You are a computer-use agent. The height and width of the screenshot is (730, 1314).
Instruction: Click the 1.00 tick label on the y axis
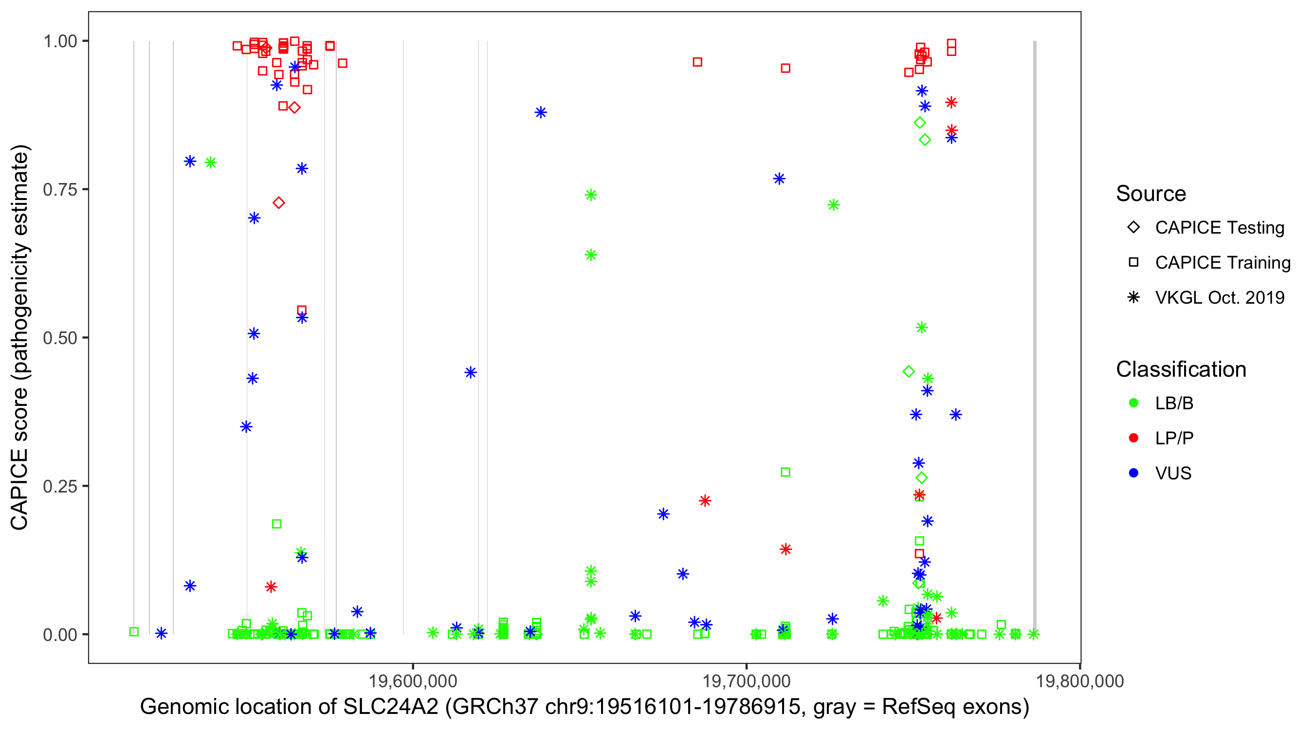60,41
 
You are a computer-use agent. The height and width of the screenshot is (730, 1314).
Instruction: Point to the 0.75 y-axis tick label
60,189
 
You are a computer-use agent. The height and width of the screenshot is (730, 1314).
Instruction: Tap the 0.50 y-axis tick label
60,338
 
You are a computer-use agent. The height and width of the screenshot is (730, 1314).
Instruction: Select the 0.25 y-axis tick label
60,486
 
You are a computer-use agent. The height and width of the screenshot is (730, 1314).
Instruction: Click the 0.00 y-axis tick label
60,635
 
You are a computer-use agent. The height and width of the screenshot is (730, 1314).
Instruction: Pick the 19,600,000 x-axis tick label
413,681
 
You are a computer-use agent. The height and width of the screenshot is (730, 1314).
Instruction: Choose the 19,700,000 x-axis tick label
746,681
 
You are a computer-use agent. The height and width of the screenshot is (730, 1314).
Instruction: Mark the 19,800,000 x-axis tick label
1080,681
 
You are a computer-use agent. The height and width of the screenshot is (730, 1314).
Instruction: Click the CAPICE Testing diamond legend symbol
1133,228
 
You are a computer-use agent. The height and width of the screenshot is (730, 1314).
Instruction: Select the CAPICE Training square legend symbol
1133,263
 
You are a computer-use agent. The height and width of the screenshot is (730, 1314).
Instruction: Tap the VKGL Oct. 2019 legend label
1220,297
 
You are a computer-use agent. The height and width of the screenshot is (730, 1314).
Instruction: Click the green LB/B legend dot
1133,403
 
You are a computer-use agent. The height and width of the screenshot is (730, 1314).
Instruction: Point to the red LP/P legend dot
1133,438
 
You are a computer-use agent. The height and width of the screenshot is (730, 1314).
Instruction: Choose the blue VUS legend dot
1133,474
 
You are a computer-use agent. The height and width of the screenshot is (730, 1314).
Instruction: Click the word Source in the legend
1151,194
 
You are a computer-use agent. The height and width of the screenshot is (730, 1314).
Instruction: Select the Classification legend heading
1181,369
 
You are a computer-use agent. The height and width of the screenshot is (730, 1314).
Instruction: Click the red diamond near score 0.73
278,203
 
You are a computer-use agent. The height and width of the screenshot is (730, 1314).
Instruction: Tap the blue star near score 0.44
470,372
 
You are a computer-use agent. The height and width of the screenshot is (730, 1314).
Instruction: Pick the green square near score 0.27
785,473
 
